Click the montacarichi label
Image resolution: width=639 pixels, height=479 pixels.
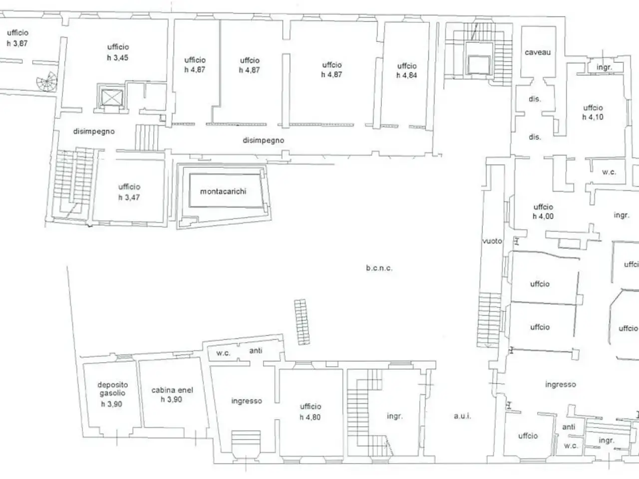223,192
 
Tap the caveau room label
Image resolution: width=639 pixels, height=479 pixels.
538,52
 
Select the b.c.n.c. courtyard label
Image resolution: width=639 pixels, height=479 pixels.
379,268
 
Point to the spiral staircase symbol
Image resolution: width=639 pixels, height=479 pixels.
47,82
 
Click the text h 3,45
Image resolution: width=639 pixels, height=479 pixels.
118,57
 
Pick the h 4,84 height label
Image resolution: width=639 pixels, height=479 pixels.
407,75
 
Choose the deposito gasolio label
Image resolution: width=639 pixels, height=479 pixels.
113,389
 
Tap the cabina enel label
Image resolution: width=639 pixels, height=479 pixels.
172,390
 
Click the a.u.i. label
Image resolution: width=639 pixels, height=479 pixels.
462,416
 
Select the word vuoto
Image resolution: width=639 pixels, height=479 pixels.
492,241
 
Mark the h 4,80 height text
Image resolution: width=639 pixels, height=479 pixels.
310,417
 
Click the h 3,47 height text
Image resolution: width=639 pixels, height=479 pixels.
129,198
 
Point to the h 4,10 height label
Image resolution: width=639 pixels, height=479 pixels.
593,117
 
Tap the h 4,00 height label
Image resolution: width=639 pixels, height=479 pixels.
543,217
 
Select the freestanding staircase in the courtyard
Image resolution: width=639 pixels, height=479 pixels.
302,322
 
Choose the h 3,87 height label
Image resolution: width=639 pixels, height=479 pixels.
17,43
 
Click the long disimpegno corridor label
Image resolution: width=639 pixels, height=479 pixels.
264,141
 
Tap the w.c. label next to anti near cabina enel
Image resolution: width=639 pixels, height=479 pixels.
223,353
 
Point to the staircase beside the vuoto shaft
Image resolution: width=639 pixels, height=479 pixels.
489,320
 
